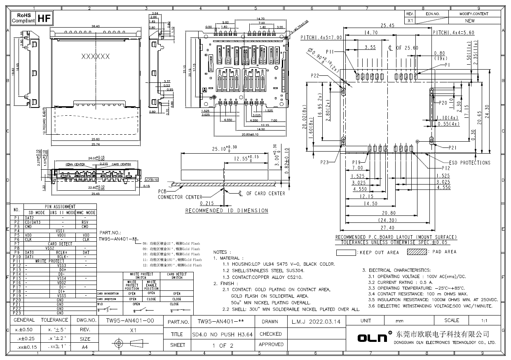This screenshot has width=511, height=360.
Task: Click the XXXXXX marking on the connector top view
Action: coord(95,56)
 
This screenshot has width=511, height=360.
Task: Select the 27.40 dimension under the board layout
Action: coord(387,227)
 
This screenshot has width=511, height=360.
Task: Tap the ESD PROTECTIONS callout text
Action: coord(470,163)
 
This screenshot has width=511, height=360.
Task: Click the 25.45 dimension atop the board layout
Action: coord(387,25)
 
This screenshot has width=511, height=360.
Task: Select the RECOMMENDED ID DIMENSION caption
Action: coord(226,210)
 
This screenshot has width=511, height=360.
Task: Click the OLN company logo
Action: coord(373,338)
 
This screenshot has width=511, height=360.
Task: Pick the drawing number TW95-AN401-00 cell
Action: coord(130,320)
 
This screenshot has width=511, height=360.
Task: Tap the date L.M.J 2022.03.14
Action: coord(316,321)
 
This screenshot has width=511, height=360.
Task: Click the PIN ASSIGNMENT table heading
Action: coord(60,206)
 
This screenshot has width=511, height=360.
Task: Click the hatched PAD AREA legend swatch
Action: coord(417,252)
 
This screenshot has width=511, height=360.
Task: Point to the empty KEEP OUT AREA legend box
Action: coord(346,252)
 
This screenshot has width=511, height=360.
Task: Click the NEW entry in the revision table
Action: coord(469,20)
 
